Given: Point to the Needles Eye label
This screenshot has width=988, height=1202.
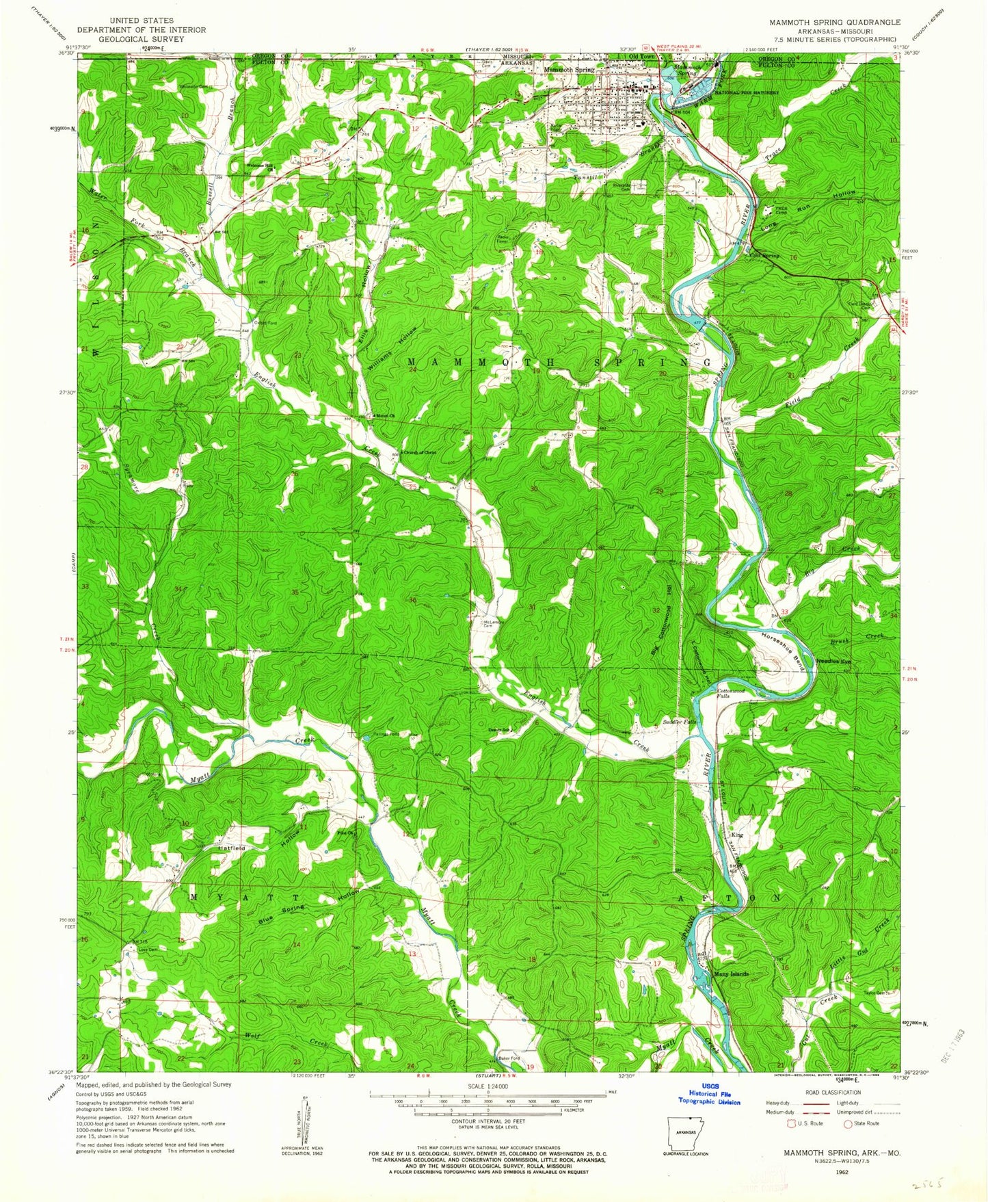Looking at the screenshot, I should tap(834, 662).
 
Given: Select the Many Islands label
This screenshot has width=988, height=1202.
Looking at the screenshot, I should tap(730, 974).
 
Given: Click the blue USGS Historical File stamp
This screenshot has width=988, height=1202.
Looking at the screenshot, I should tap(709, 1096).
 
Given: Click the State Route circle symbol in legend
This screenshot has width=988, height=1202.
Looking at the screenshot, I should tap(848, 1123).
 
